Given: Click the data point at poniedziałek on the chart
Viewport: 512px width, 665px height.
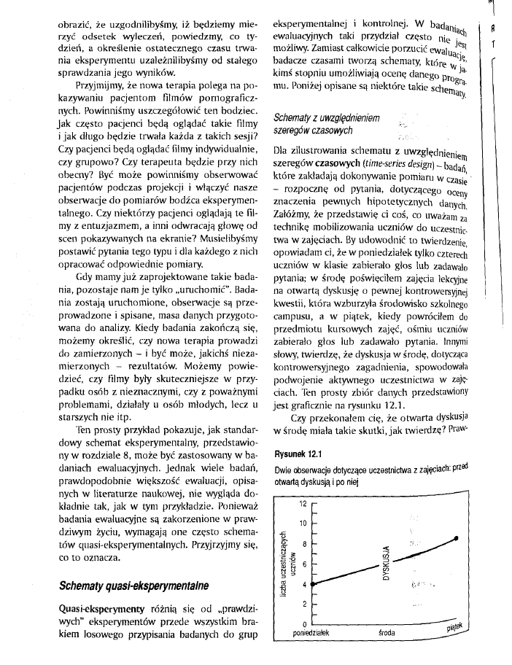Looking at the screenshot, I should coord(311,583).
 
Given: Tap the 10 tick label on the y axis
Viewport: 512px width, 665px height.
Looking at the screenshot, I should coord(303,524).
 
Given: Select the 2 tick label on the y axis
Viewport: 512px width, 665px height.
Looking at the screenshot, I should coord(305,604).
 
